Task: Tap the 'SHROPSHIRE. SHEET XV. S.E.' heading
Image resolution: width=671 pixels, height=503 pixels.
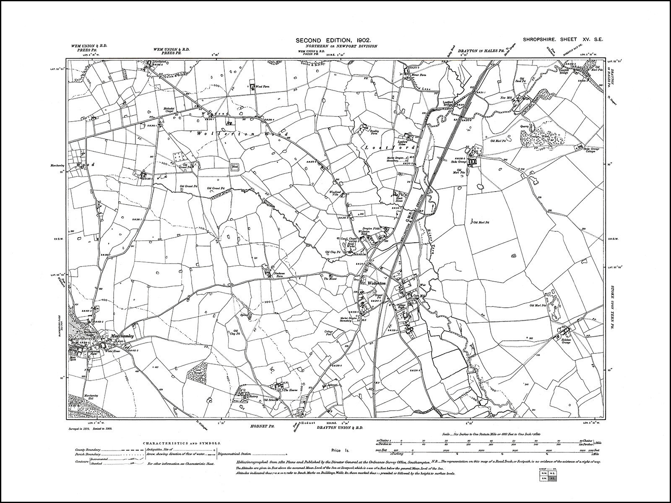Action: point(563,40)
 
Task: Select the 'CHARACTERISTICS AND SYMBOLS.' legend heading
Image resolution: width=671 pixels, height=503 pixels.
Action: point(182,443)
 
